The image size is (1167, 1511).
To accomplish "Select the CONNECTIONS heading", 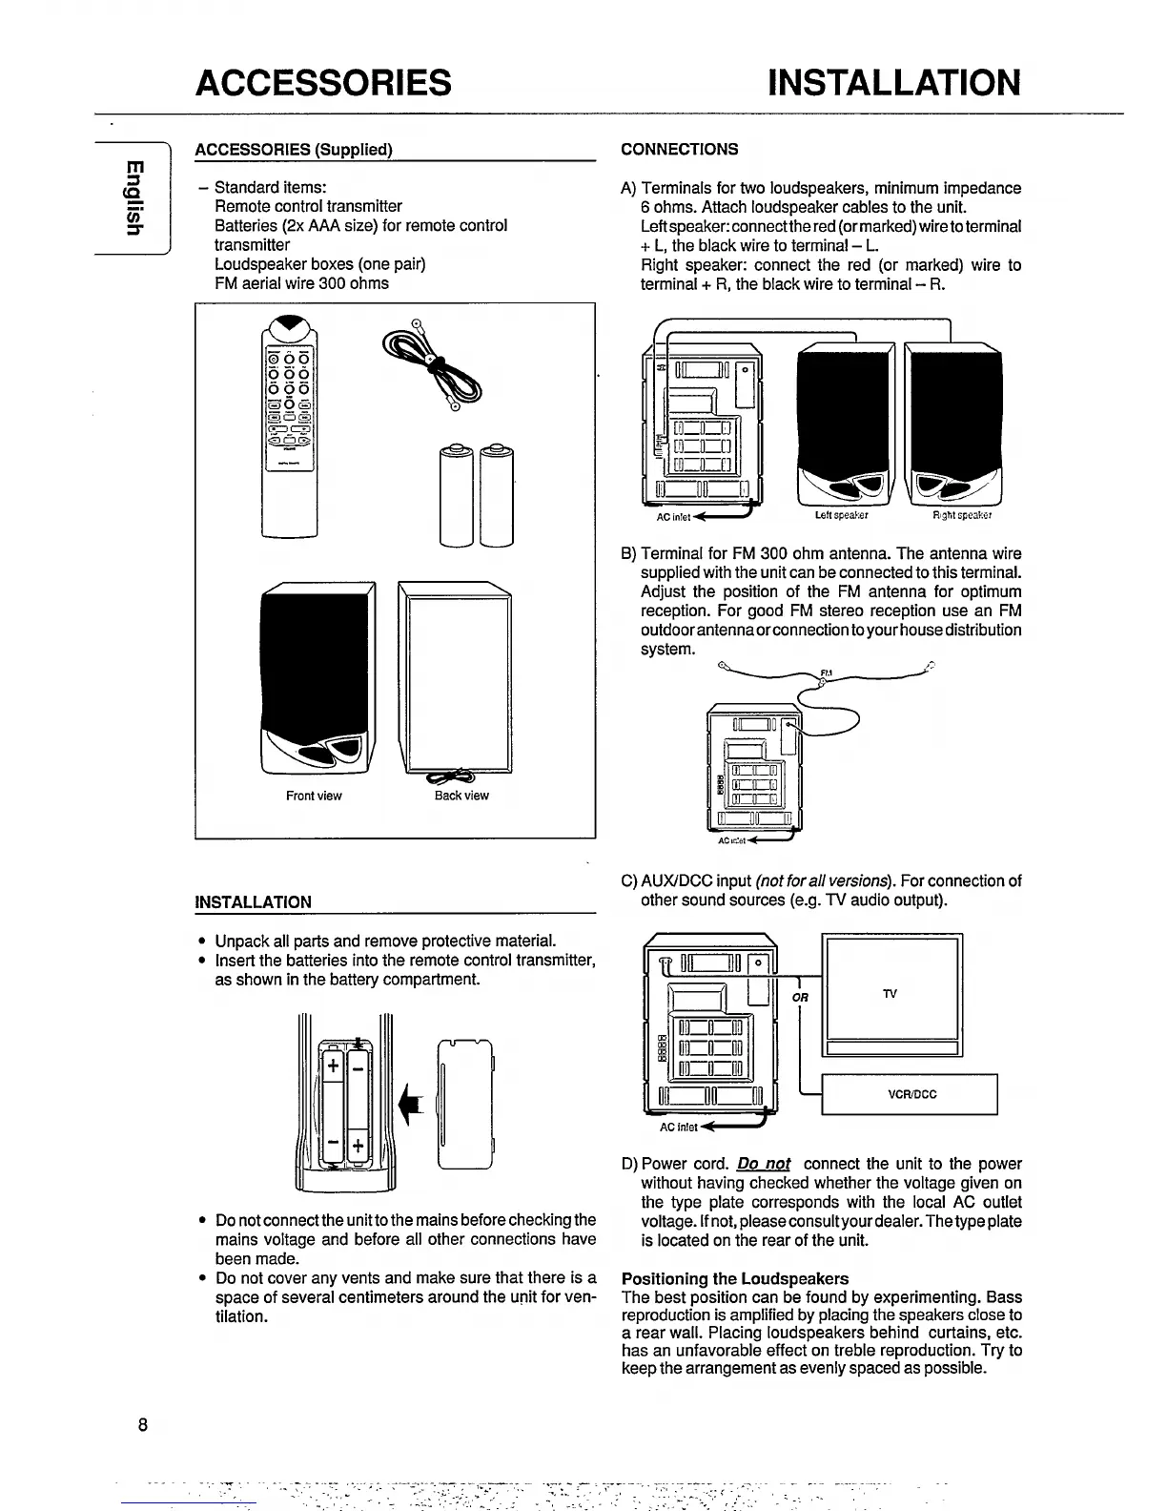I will pos(679,149).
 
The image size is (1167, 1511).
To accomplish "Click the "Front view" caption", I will pos(314,796).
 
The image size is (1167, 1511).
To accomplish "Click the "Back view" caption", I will pos(461,796).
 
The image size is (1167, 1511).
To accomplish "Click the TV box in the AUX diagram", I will pos(891,993).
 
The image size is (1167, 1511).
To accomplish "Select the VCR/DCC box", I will pos(909,1094).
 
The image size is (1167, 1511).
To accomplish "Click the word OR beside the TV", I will pos(799,998).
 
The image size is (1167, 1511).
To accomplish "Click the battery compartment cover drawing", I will pos(466,1102).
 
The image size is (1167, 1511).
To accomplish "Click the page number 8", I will pos(142,1425).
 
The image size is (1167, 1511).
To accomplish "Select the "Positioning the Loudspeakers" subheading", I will pos(734,1278).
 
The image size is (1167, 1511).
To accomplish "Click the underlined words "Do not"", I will pos(764,1164).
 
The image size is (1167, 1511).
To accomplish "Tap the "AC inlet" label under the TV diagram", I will pos(679,1128).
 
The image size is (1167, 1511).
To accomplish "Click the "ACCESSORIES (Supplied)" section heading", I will pos(294,150).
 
